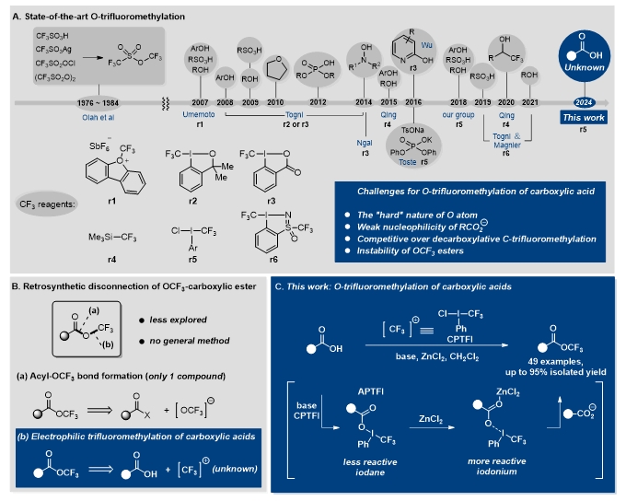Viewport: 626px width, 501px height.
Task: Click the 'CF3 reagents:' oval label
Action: tap(58, 202)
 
